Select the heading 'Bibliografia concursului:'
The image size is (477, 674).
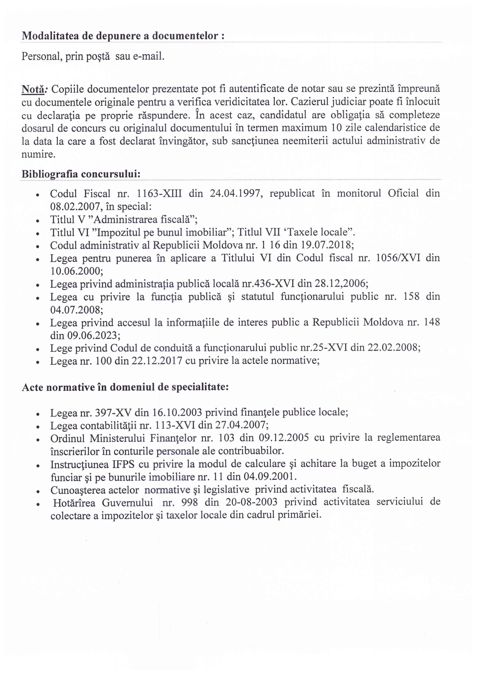point(81,174)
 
